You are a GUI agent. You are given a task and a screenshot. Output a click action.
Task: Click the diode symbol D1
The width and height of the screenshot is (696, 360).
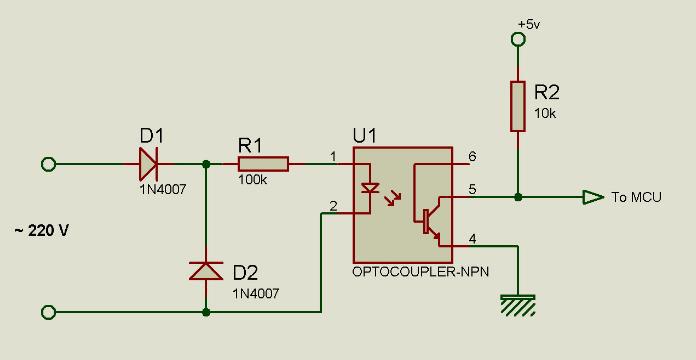coord(149,164)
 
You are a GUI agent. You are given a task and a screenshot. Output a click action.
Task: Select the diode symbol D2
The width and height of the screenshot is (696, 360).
coord(206,271)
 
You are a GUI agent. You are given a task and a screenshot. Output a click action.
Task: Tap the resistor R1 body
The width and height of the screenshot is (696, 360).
coord(264,164)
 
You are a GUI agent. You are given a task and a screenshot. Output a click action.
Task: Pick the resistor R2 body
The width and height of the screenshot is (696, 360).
coord(518,106)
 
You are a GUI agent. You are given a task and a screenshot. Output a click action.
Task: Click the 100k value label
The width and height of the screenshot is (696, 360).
coord(253,179)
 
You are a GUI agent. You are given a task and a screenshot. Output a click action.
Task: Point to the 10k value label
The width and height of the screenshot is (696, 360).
coord(545,113)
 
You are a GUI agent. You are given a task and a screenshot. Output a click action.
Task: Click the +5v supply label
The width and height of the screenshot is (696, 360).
coord(529,25)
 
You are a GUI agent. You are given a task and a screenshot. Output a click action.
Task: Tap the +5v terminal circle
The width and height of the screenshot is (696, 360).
coord(518,40)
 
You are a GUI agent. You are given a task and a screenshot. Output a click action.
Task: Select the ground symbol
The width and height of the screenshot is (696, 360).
coord(518,305)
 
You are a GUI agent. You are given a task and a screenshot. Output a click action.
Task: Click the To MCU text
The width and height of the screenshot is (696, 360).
coord(637,197)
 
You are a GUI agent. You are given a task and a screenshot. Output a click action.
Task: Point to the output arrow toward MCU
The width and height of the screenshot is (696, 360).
coord(593,197)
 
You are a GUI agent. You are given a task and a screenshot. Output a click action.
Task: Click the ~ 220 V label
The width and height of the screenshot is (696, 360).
coord(42,231)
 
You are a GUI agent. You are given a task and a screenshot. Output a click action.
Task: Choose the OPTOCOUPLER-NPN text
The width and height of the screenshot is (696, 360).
coord(420,272)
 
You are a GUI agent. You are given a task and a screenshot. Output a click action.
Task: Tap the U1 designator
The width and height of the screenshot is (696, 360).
coord(364,135)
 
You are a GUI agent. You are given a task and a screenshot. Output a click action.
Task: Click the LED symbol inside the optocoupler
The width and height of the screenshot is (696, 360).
coord(369,188)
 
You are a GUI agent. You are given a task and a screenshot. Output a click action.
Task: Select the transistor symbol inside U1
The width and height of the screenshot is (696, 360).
coord(428,220)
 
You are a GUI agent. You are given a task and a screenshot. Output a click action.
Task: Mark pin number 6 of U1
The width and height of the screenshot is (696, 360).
coord(472,156)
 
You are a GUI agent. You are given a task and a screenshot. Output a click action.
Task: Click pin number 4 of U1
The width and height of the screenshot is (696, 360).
coord(472,239)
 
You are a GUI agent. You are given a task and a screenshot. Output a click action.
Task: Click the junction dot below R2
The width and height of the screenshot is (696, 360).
coord(518,197)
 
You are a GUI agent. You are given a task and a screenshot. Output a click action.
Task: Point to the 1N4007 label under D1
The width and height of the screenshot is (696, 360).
coord(163,189)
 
